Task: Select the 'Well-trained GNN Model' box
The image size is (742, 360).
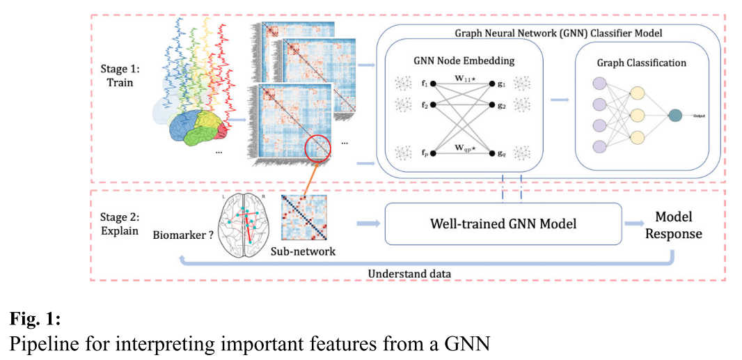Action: [x=503, y=224]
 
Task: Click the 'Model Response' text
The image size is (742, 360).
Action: [x=673, y=225]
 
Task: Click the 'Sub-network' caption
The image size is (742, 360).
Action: [x=303, y=251]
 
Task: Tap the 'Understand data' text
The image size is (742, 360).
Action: [x=409, y=274]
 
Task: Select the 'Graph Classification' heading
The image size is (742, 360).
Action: [x=641, y=63]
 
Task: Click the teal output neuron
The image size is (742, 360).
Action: [x=674, y=116]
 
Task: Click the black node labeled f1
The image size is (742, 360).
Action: [x=432, y=84]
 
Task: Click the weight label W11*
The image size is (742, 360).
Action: [x=463, y=76]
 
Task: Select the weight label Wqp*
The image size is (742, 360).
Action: [x=463, y=147]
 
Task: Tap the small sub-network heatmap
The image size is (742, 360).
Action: [x=303, y=217]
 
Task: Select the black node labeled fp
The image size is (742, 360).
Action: [x=432, y=152]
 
